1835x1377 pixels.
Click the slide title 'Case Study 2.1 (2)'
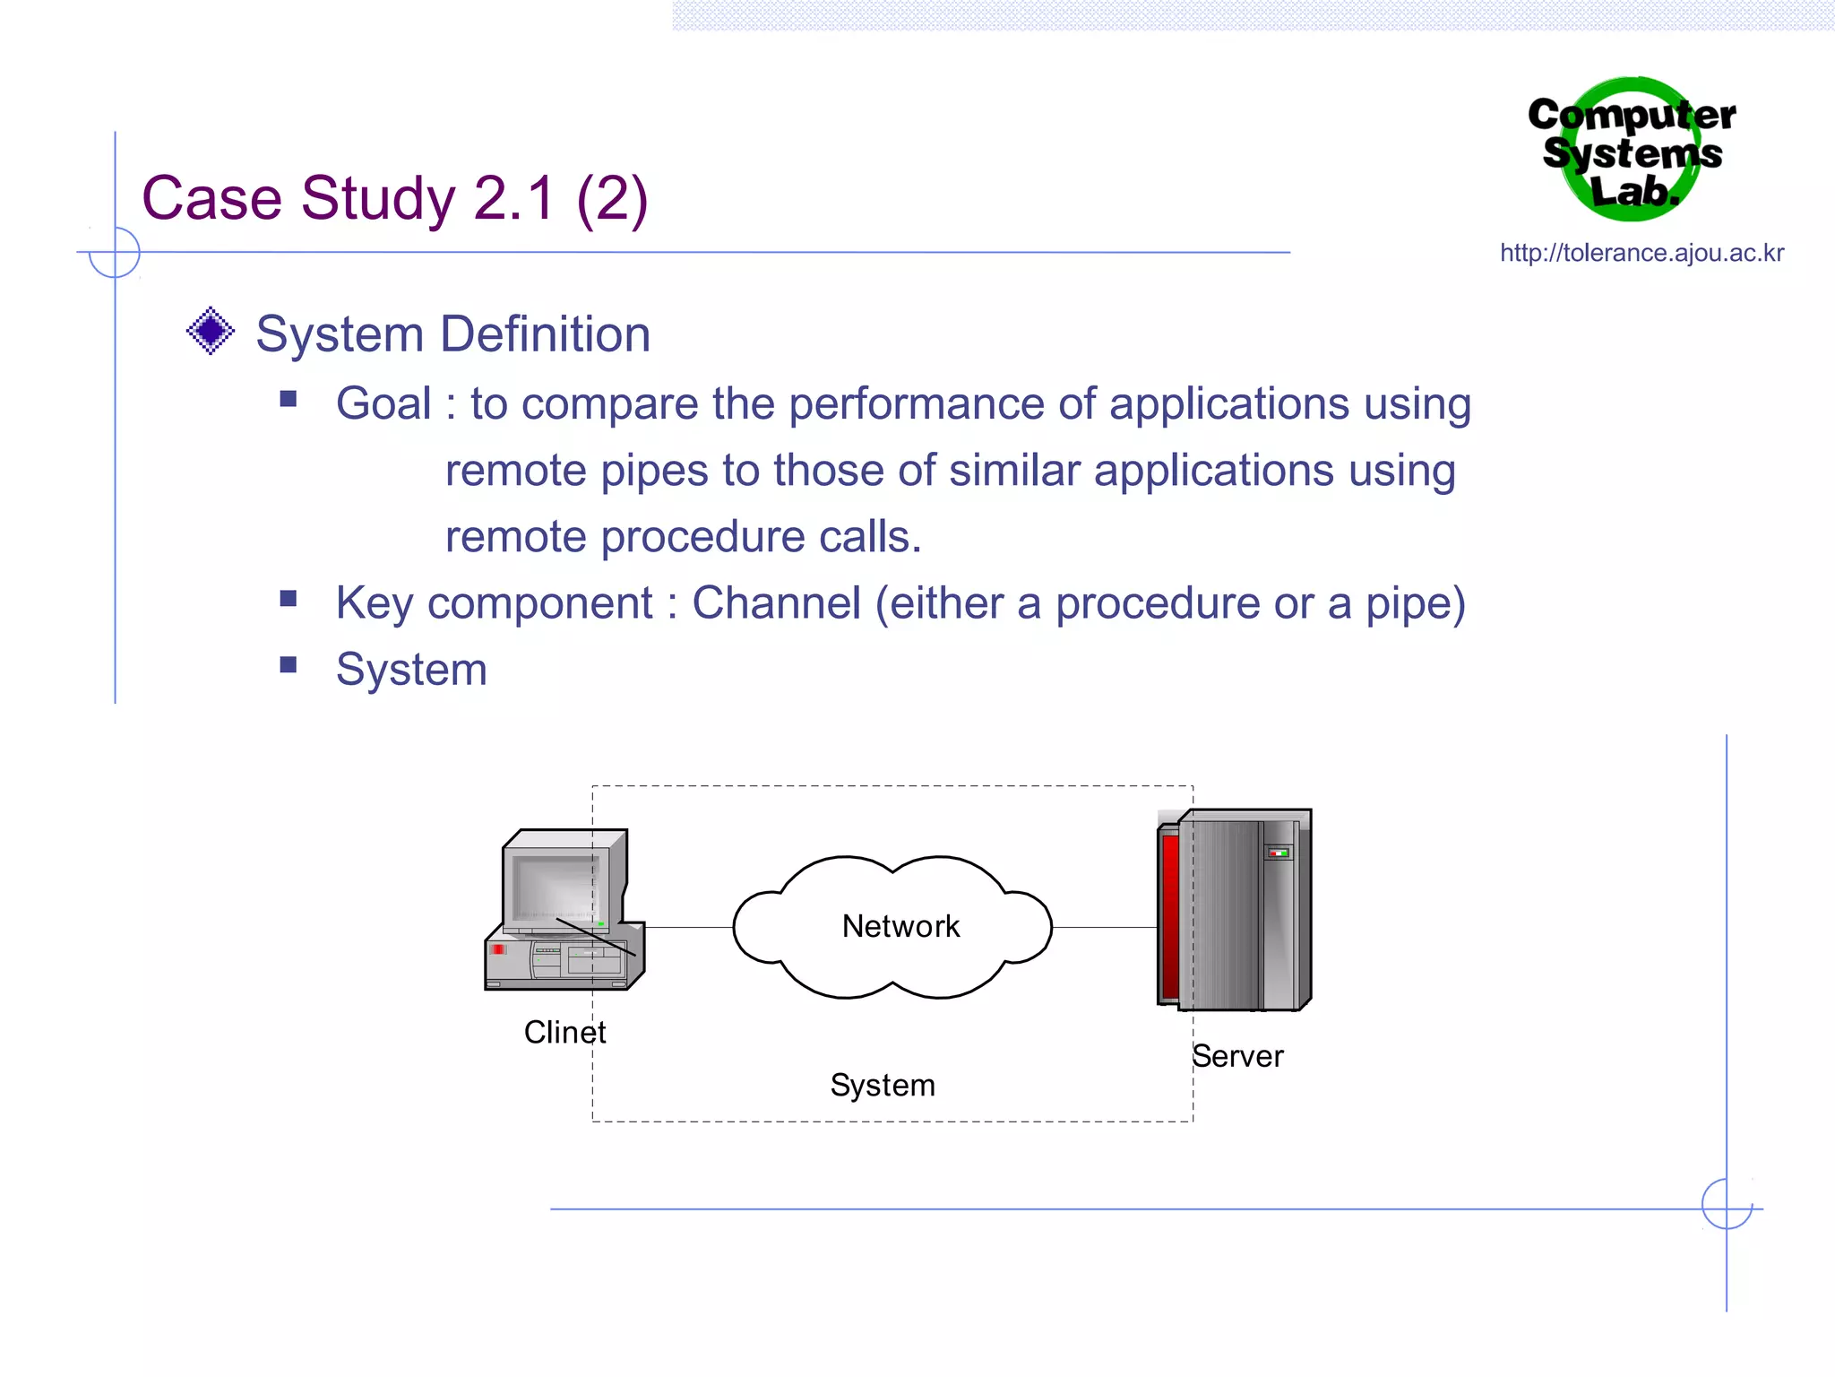[x=394, y=199]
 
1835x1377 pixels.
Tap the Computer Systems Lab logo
[x=1631, y=151]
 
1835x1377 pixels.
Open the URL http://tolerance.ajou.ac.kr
[x=1641, y=254]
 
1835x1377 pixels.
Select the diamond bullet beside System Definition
[x=211, y=332]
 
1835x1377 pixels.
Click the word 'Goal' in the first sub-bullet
[x=383, y=404]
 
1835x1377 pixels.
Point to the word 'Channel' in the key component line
[x=776, y=603]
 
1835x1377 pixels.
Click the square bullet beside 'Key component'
[x=289, y=599]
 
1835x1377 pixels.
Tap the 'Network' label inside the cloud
[x=900, y=927]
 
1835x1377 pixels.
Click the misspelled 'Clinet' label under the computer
[x=564, y=1033]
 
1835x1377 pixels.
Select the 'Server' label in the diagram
[x=1237, y=1057]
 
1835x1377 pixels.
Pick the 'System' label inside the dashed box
[x=883, y=1086]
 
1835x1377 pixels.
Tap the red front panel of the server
[x=1169, y=914]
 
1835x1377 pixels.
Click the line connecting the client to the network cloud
[x=688, y=928]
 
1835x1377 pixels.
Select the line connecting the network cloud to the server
[x=1104, y=928]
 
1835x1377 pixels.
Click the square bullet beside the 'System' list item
[x=289, y=665]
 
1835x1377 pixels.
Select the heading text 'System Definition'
[x=452, y=334]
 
